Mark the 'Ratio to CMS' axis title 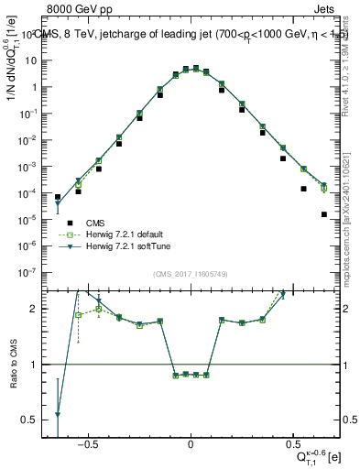16,381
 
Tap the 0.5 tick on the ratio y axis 37,420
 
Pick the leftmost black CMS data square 58,197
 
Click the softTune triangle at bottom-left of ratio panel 58,415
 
